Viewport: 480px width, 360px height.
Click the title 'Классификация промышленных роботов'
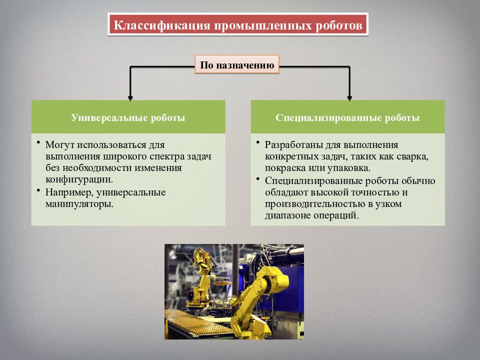click(237, 24)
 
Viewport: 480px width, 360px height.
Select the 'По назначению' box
click(236, 65)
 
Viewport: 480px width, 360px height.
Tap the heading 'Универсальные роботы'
click(128, 118)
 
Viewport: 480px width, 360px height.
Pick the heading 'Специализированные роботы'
click(347, 118)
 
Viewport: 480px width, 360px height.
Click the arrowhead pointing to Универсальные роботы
click(130, 96)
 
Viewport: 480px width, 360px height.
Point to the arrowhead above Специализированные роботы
click(349, 96)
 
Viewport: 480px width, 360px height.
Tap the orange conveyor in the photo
click(192, 325)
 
